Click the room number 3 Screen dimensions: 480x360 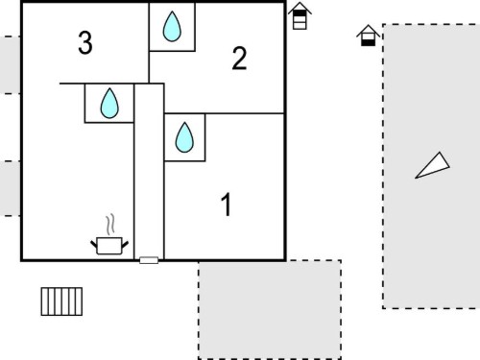coord(85,42)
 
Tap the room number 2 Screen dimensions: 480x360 coord(239,58)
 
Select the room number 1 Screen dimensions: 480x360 coord(227,204)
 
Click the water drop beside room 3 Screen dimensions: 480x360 coord(172,26)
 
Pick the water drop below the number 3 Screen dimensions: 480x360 coord(109,103)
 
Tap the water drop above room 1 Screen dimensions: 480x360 coord(184,137)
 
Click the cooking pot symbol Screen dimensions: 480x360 coord(109,246)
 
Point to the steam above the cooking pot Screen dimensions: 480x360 coord(110,225)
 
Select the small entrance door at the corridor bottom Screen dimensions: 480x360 coord(149,260)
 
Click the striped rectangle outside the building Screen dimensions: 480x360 coord(61,301)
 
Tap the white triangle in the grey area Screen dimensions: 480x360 coord(434,166)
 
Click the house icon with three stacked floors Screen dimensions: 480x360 coord(300,16)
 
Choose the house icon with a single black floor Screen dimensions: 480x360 coord(369,36)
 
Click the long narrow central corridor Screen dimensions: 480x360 coord(149,171)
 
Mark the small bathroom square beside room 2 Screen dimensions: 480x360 coord(172,27)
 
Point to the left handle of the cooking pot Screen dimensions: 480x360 coord(94,245)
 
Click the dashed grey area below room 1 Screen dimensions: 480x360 coord(270,309)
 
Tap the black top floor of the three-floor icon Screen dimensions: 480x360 coord(300,13)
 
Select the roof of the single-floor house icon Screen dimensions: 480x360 coord(369,31)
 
